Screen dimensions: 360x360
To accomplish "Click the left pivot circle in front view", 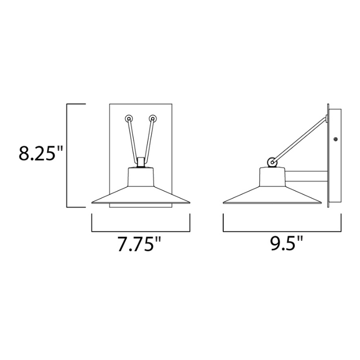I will tap(128, 118).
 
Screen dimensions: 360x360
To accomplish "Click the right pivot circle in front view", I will tap(153, 118).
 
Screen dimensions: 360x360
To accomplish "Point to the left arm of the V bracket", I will tap(133, 140).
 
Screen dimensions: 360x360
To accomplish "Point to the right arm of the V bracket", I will tap(148, 140).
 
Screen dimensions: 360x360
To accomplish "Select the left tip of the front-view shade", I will tap(93, 203).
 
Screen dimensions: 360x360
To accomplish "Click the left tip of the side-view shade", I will tap(224, 203).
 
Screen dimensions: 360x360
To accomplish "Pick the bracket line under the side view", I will tap(282, 231).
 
